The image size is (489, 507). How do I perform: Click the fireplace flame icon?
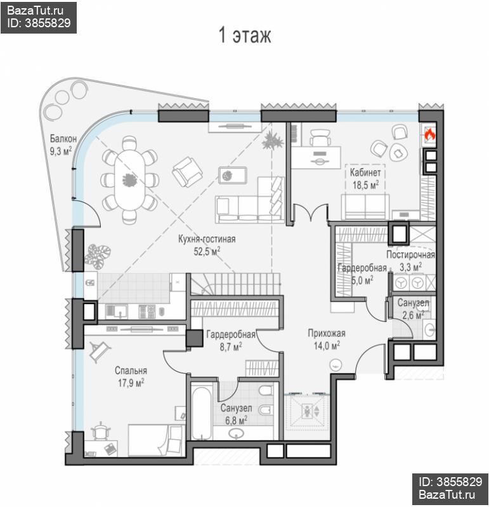pos(429,134)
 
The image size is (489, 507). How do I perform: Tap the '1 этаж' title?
pos(245,35)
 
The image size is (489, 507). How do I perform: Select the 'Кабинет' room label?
pos(365,172)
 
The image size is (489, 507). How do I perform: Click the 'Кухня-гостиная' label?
pos(207,239)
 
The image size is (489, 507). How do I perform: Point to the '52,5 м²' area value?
pos(207,251)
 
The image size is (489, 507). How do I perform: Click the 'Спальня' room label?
pos(131,371)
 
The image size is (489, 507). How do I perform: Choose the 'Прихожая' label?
pos(327,333)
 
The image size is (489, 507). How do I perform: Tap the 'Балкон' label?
pos(63,139)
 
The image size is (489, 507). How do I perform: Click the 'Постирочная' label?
pos(410,255)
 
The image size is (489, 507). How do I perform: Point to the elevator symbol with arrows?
pos(310,411)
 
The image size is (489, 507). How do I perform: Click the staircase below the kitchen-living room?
pos(235,284)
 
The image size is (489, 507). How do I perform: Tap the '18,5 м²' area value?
pos(365,185)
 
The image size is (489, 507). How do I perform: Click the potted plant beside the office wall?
pos(273,140)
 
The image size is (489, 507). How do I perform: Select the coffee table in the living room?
pos(233,176)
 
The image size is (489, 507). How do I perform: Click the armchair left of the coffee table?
pos(187,172)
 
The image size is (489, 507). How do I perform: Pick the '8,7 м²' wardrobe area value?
pos(231,347)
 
